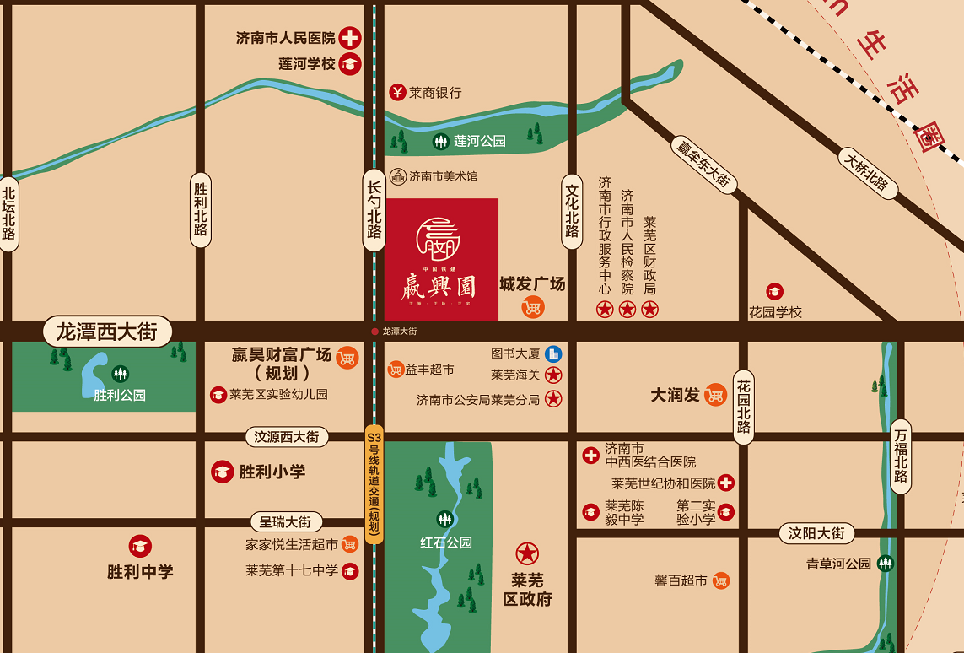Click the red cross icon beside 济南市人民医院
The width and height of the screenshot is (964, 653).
(350, 38)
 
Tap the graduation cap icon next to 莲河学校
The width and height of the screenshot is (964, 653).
(350, 63)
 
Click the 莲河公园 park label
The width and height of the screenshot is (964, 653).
(479, 142)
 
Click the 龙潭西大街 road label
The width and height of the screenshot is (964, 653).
(106, 331)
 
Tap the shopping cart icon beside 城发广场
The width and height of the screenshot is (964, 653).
(532, 307)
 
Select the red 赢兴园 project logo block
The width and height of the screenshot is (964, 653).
(442, 260)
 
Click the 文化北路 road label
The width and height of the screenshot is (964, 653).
(573, 211)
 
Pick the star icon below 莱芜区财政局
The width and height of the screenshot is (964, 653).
(649, 310)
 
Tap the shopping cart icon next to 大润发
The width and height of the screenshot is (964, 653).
(715, 395)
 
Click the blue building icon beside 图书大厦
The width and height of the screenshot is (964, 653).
(553, 353)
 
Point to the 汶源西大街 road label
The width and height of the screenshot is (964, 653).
(287, 437)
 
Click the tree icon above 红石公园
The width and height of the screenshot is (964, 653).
(444, 519)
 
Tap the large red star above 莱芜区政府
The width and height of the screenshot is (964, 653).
(527, 553)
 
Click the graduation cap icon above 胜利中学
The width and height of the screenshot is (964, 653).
(140, 547)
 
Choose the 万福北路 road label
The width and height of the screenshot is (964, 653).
(901, 456)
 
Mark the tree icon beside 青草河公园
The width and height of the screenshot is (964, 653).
(886, 564)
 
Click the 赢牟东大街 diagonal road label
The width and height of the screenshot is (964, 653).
(703, 164)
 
